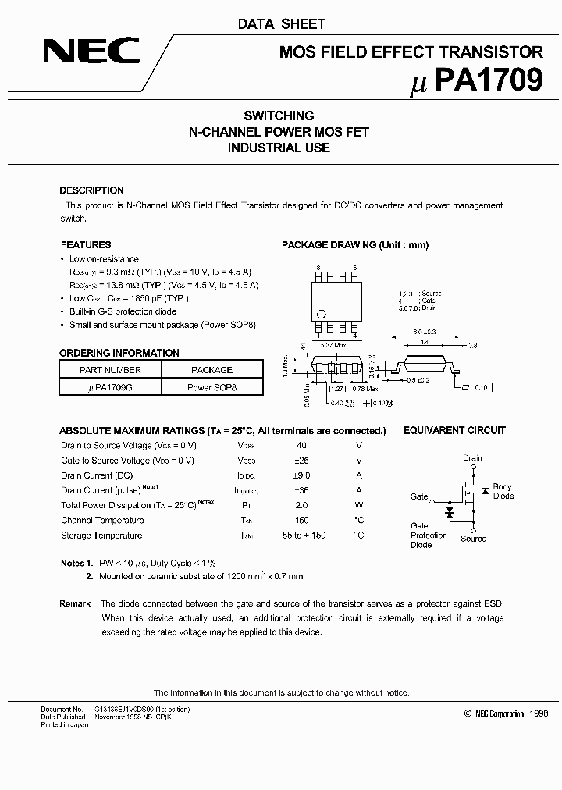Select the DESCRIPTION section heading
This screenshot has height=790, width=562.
click(91, 190)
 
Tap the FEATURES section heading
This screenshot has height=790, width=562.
click(86, 244)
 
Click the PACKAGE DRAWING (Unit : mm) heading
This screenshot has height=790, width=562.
click(355, 244)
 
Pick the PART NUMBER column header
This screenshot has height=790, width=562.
click(110, 370)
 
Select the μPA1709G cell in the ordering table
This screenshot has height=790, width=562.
click(110, 386)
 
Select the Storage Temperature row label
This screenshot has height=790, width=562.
click(101, 536)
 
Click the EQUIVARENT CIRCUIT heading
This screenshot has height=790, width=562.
click(454, 430)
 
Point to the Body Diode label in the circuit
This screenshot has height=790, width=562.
click(503, 491)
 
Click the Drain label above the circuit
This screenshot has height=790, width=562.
click(472, 458)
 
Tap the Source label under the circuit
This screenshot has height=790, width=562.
click(473, 539)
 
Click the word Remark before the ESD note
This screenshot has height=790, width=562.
click(75, 603)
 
